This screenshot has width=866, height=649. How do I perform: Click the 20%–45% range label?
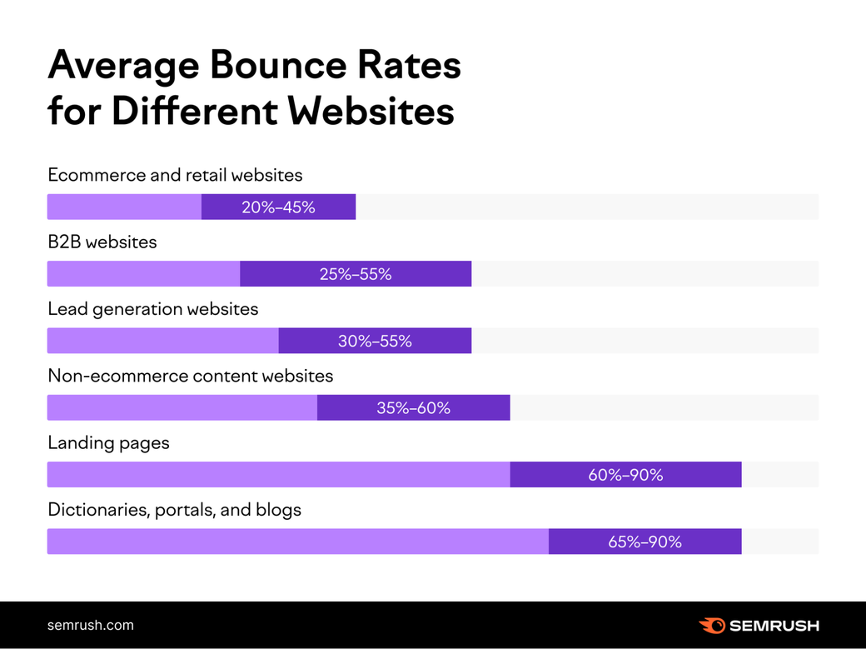(278, 207)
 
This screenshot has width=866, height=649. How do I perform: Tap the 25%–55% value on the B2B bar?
(356, 274)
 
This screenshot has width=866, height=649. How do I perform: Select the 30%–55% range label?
(375, 341)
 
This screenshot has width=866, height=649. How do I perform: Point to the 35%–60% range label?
(413, 408)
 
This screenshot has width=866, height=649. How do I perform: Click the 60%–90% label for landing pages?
(625, 475)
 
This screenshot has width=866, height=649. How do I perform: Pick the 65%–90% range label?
(645, 542)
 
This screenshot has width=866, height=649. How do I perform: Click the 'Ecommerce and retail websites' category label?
(175, 175)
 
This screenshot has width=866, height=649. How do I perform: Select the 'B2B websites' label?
(102, 242)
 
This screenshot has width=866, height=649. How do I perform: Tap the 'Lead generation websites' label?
(153, 309)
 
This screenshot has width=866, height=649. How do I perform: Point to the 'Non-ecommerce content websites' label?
(191, 376)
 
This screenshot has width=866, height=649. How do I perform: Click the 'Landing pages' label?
(108, 442)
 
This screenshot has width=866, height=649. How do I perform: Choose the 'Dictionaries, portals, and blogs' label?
(174, 509)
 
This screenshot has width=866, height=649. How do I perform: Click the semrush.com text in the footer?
(90, 625)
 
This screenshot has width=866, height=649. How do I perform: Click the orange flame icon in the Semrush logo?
(711, 625)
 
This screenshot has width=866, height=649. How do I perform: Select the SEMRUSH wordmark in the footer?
(774, 625)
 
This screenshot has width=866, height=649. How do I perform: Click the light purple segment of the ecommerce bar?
(124, 207)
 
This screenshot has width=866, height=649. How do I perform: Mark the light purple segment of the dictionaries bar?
(297, 542)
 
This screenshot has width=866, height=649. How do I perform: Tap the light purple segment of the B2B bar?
(143, 274)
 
